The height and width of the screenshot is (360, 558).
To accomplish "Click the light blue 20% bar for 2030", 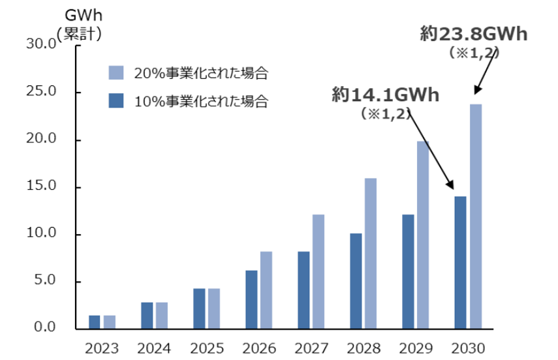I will click(x=476, y=216).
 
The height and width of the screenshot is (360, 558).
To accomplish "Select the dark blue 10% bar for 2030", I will click(x=460, y=262).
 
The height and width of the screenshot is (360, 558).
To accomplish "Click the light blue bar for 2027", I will click(x=318, y=271).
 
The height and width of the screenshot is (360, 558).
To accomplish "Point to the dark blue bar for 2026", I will click(x=251, y=299).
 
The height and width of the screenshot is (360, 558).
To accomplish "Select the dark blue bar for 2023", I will click(x=95, y=322).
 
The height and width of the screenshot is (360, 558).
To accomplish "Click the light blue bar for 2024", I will click(x=162, y=315).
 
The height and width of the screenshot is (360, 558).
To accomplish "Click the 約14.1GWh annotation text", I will click(x=385, y=95).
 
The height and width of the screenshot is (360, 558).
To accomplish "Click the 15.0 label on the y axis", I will click(x=41, y=187).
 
